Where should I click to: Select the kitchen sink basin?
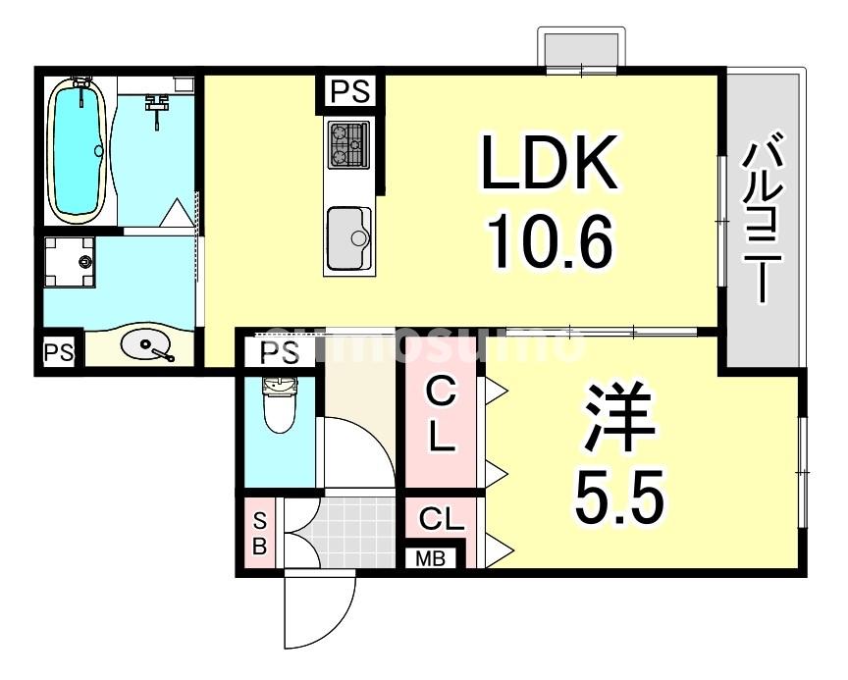click(348, 236)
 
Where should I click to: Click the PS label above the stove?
click(349, 92)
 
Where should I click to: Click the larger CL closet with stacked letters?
click(442, 418)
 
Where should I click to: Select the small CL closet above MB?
click(442, 519)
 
